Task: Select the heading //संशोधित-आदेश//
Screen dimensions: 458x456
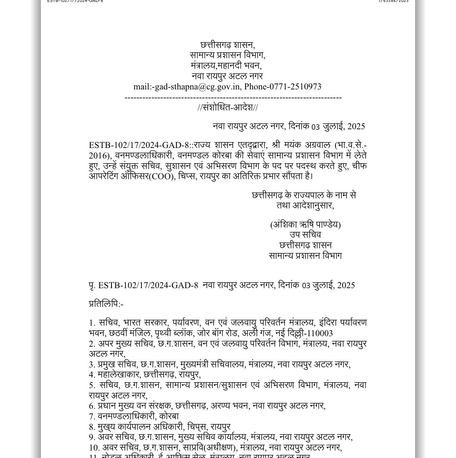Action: (228, 108)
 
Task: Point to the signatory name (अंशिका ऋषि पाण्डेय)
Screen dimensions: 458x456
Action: (305, 225)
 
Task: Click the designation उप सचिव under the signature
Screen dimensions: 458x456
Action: (305, 235)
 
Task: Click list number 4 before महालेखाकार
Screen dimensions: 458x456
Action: (92, 375)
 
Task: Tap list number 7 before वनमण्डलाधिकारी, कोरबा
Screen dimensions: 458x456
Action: (92, 416)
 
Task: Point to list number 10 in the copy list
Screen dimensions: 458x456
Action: (94, 447)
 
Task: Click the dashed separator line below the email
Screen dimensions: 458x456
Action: (233, 98)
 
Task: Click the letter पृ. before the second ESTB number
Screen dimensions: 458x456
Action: (92, 285)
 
